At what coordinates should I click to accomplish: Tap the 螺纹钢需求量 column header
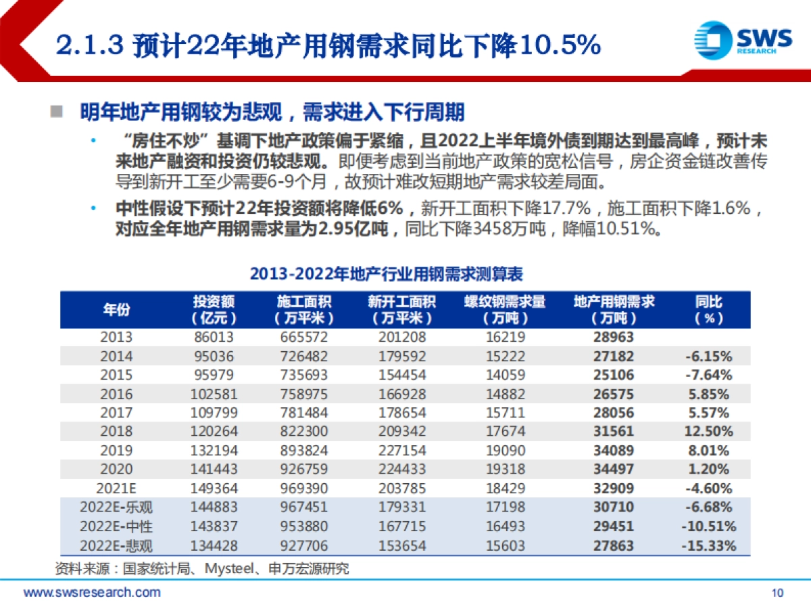(504, 309)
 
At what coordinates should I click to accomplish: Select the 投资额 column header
(214, 309)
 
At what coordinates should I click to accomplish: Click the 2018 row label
(116, 431)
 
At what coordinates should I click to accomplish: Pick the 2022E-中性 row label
(116, 526)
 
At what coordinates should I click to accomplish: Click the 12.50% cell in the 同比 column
(708, 431)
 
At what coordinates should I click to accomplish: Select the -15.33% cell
(708, 545)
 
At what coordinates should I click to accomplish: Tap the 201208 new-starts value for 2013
(401, 337)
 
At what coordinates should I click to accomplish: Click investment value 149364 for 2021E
(213, 489)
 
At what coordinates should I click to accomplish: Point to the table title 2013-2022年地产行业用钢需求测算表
(386, 274)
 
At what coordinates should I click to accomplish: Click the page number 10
(777, 593)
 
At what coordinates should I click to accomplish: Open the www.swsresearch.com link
(93, 593)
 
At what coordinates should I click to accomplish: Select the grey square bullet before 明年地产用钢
(57, 110)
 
